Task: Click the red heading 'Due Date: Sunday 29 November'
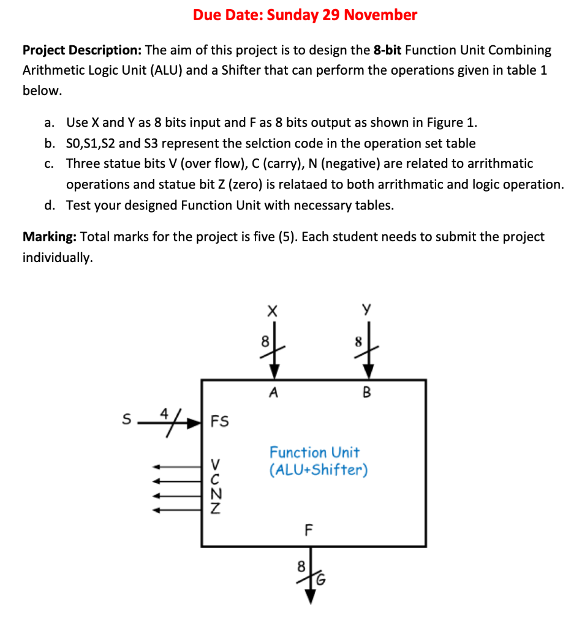305,15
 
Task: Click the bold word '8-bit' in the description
392,50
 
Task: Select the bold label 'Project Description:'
81,50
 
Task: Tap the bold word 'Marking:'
49,237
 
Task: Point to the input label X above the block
273,312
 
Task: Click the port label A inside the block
273,394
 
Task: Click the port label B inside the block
367,394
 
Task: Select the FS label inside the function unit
219,421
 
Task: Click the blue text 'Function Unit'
314,453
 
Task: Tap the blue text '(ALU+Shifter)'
319,471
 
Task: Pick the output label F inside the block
309,530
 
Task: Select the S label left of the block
127,420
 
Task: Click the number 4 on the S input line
164,413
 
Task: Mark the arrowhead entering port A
274,372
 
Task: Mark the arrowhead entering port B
368,372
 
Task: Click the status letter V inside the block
216,460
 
